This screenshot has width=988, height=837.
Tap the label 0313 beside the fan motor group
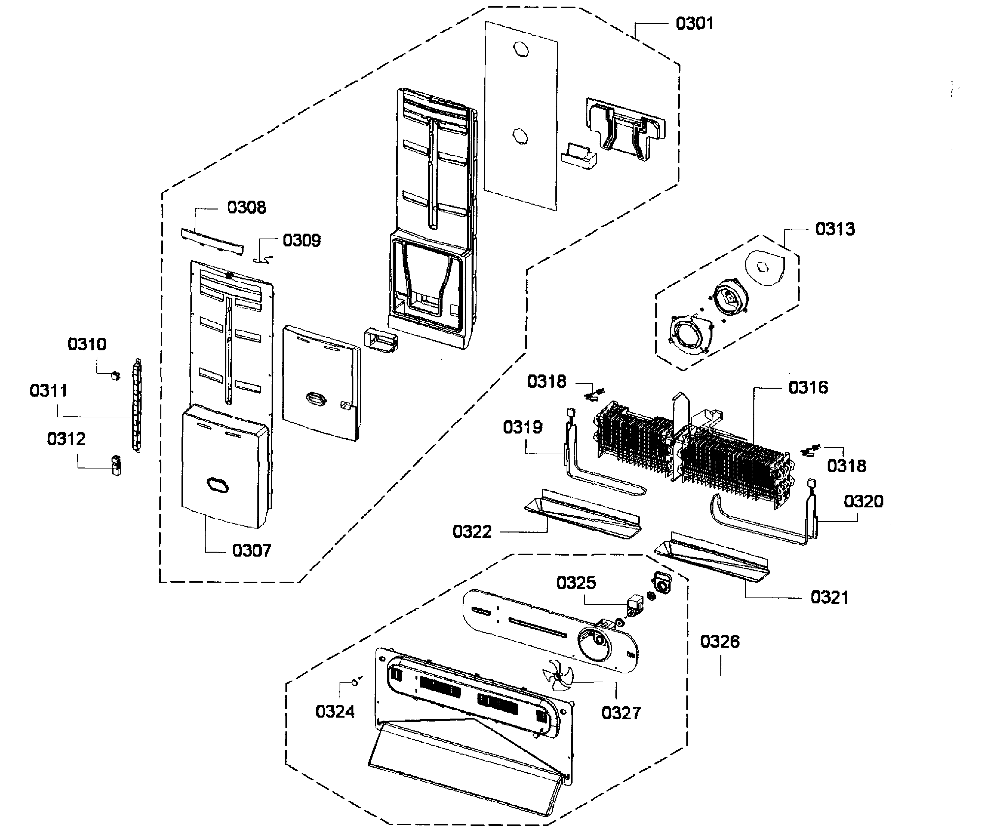tap(835, 229)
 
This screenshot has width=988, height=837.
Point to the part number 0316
tap(808, 388)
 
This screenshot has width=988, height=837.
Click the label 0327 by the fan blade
tap(621, 713)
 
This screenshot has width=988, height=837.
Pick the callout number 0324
tap(335, 711)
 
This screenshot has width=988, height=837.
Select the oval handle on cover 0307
tap(217, 485)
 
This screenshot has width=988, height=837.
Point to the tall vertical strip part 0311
tap(137, 406)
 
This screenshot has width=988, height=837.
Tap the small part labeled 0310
tap(115, 376)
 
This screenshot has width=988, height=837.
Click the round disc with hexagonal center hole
tap(764, 268)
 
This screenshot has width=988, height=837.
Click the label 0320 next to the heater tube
tap(863, 501)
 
